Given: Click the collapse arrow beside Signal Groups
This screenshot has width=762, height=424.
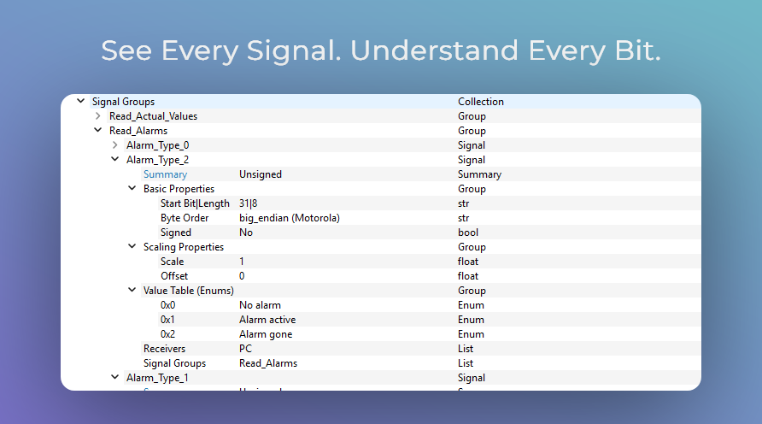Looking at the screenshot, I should [81, 101].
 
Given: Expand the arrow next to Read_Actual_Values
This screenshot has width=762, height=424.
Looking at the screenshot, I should [98, 116].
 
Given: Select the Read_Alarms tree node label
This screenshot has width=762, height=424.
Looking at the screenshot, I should [138, 131].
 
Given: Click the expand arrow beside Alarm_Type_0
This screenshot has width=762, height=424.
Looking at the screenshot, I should [115, 145].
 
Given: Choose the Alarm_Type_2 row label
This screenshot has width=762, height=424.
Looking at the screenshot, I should [157, 160].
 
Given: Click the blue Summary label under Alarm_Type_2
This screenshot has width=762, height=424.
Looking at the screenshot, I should [165, 174].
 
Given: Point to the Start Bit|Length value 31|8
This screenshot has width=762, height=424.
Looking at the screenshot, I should [248, 203].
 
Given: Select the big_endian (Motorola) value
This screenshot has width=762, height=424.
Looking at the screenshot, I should [289, 218].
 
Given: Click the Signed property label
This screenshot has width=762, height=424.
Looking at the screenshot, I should [175, 233].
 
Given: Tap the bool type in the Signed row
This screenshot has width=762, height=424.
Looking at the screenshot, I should [467, 233].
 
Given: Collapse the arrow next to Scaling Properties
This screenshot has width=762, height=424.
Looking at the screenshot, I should [132, 247].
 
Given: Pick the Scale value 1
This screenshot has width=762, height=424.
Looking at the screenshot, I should [242, 262].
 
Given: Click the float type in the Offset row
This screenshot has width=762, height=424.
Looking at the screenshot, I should [468, 276].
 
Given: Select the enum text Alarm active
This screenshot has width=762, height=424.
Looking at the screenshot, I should [267, 320].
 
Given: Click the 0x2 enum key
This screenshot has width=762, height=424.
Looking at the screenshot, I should [167, 334].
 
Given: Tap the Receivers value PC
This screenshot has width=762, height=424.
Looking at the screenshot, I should [245, 349].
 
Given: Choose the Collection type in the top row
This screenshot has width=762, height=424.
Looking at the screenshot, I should [480, 102].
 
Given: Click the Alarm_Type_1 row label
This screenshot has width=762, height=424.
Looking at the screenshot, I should [157, 378].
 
